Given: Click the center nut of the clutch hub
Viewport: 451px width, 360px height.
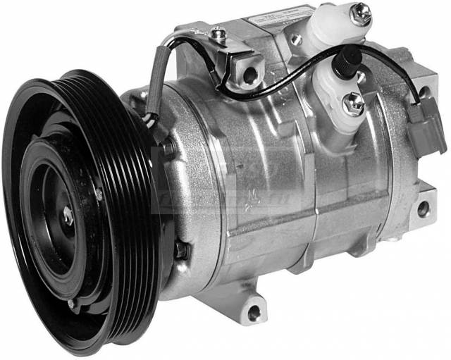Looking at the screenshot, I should pos(68,218).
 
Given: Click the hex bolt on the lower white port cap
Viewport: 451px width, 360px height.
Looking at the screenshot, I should pos(352,103).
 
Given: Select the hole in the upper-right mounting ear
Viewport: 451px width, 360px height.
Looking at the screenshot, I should pos(424,92).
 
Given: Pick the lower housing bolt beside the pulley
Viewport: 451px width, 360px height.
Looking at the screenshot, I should pos(182,250).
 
